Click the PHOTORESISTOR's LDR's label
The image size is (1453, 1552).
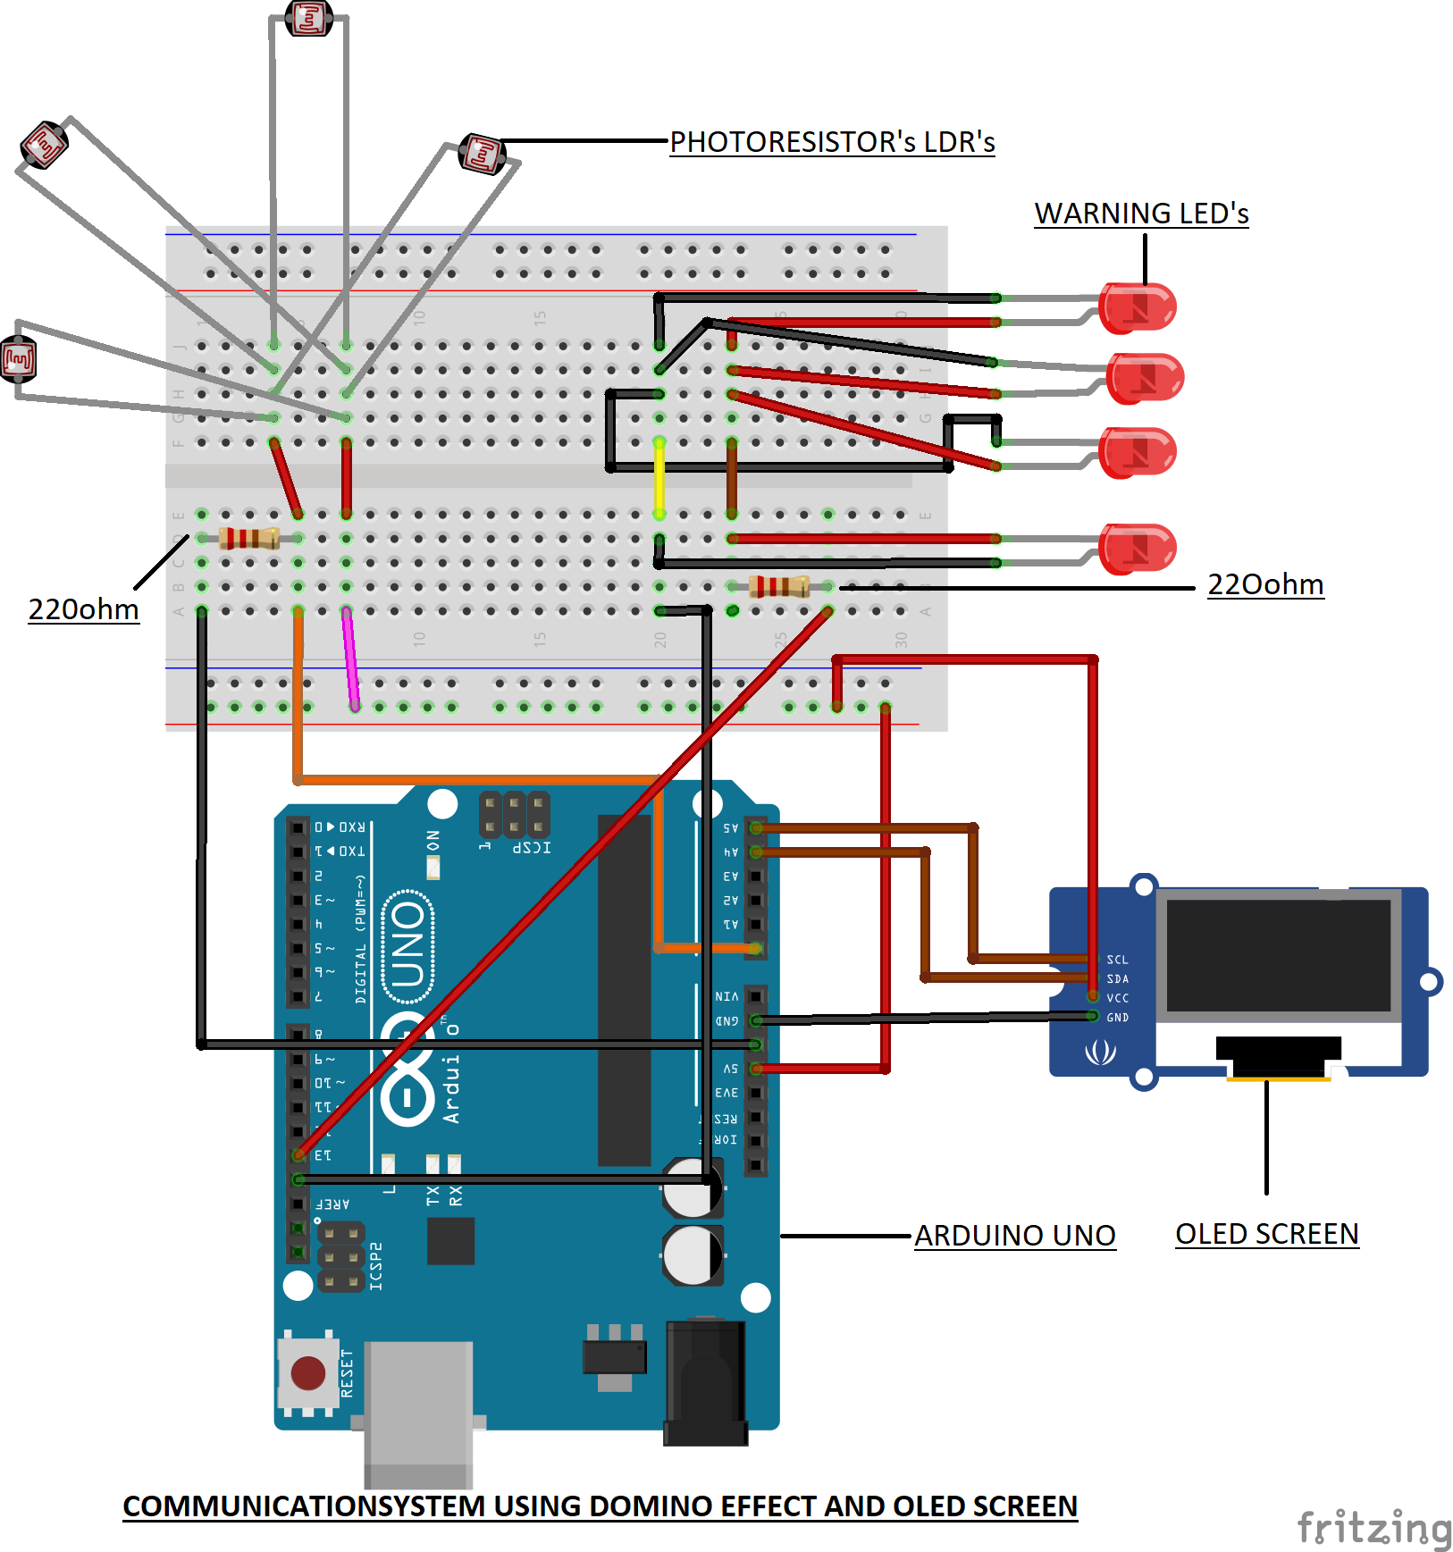[832, 142]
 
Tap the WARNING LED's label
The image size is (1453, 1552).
[1141, 214]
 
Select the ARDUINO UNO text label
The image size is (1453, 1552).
[1015, 1236]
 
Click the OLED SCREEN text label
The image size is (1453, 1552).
[1266, 1234]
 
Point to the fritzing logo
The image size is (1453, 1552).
[1373, 1527]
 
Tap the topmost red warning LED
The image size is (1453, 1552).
[1137, 308]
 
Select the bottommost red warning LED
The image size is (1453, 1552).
[1137, 549]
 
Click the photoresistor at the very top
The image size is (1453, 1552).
[309, 18]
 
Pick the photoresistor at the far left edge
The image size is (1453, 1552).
[18, 359]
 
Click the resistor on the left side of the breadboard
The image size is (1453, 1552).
[249, 538]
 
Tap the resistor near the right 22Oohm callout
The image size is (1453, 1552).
[779, 586]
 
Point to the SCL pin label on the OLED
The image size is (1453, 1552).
[1117, 960]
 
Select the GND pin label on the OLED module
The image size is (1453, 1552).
[1117, 1018]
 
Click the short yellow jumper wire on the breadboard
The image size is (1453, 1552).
[659, 478]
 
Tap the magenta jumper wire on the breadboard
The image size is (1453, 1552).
[350, 659]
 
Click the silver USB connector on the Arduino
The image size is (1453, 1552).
[418, 1412]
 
